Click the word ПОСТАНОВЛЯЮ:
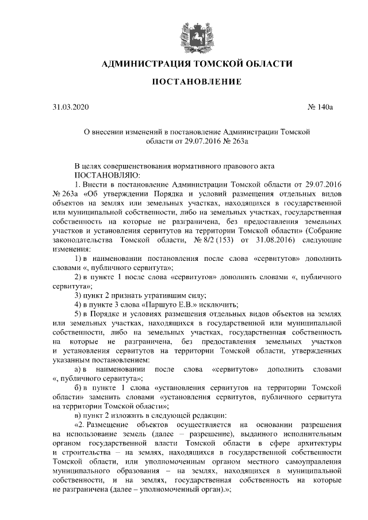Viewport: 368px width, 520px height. click(104, 174)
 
